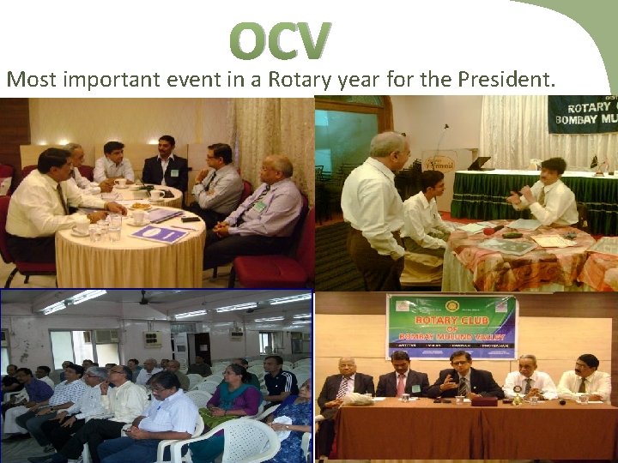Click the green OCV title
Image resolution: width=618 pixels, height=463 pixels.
click(x=280, y=41)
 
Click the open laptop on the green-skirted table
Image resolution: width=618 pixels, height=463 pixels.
click(x=478, y=163)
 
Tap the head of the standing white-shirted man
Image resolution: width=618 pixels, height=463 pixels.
click(x=389, y=146)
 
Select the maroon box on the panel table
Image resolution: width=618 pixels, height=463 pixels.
click(x=484, y=400)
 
